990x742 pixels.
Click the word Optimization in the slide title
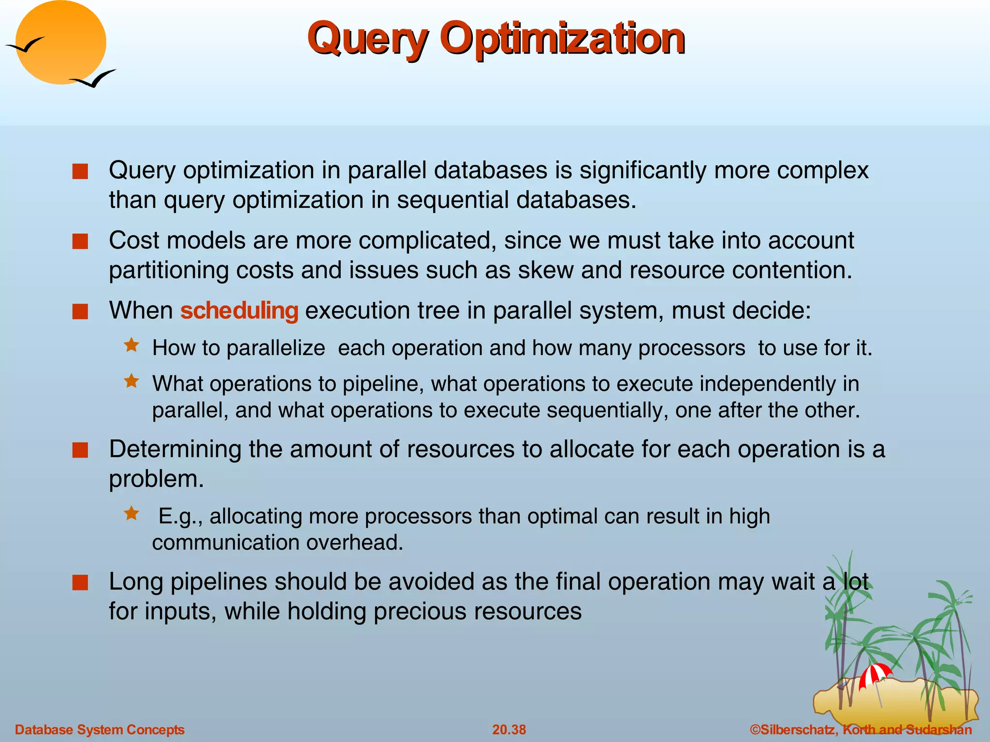pyautogui.click(x=562, y=39)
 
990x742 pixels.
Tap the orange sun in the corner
pyautogui.click(x=61, y=43)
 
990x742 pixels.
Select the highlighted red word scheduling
pyautogui.click(x=239, y=310)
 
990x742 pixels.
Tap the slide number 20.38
pyautogui.click(x=509, y=729)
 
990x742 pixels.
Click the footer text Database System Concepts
pyautogui.click(x=100, y=729)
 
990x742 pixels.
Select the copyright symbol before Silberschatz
pyautogui.click(x=755, y=729)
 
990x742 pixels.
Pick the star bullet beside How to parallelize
pyautogui.click(x=131, y=345)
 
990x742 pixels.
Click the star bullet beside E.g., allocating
pyautogui.click(x=131, y=513)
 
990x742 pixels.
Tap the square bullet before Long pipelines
pyautogui.click(x=80, y=583)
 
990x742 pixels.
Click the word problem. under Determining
pyautogui.click(x=156, y=479)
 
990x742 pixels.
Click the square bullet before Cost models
pyautogui.click(x=80, y=242)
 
